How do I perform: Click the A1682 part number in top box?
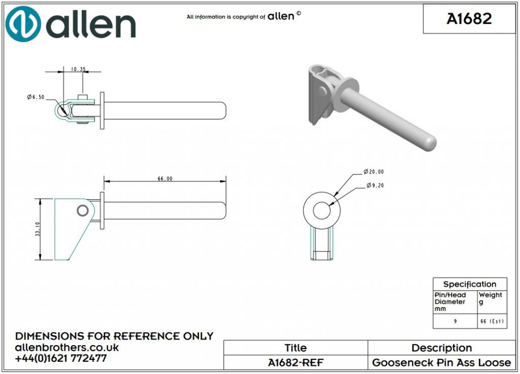[x=469, y=19]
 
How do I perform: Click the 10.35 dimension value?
[x=78, y=69]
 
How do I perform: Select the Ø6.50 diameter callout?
[x=36, y=97]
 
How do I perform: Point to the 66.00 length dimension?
[x=165, y=178]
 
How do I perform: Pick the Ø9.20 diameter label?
[x=376, y=185]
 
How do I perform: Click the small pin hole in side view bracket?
[x=82, y=210]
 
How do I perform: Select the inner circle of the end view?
[x=321, y=210]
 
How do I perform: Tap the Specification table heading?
[x=469, y=284]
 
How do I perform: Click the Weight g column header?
[x=491, y=298]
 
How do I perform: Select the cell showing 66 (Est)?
[x=492, y=322]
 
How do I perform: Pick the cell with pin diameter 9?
[x=454, y=322]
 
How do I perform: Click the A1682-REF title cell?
[x=295, y=362]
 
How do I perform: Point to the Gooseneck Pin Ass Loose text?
[x=441, y=362]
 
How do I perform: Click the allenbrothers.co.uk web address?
[x=67, y=348]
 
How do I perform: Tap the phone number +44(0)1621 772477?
[x=61, y=358]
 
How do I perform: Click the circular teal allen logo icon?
[x=23, y=24]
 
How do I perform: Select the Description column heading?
[x=441, y=348]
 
